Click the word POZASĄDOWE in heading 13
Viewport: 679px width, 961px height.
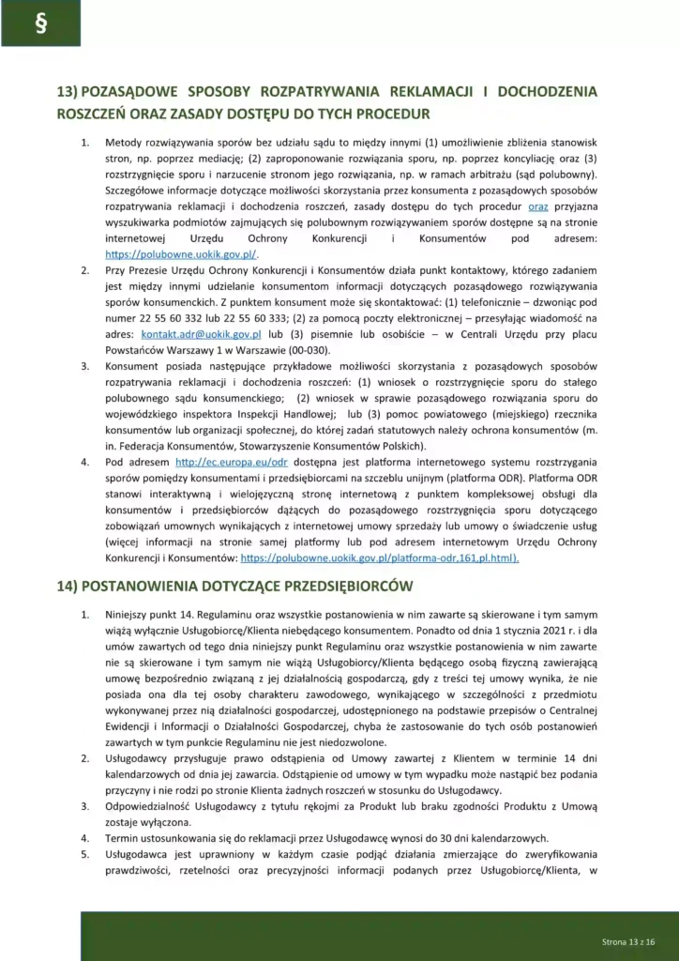tap(135, 93)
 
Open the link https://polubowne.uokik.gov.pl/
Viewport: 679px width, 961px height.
tap(182, 254)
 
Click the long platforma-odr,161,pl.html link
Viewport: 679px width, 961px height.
tap(380, 557)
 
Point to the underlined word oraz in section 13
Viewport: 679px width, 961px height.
tap(537, 206)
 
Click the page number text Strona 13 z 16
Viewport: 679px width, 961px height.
tap(627, 940)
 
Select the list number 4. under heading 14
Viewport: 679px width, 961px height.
tap(84, 838)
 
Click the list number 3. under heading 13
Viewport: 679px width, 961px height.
tap(84, 365)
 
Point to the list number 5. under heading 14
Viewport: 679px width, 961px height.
tap(84, 854)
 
